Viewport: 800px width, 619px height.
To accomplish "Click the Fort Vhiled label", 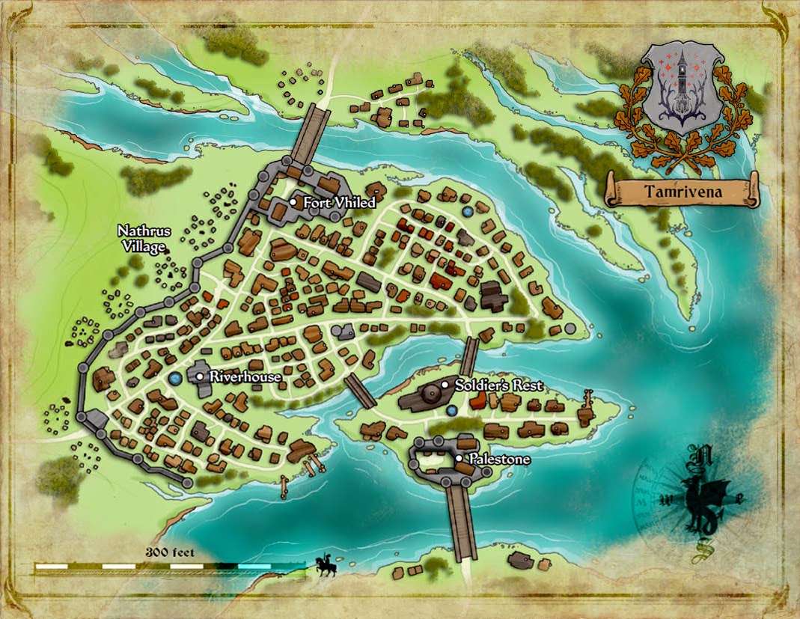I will [x=339, y=203].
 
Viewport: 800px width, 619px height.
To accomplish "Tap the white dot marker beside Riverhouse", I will [x=200, y=376].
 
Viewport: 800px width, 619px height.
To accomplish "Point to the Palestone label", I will [x=498, y=458].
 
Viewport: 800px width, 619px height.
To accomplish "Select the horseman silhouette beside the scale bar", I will [x=325, y=566].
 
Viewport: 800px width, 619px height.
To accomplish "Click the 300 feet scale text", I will [x=170, y=553].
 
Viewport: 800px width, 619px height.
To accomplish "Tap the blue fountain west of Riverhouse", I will [x=174, y=379].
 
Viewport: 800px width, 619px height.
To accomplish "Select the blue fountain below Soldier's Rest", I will [x=451, y=410].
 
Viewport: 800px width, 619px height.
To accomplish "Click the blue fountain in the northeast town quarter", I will [x=468, y=213].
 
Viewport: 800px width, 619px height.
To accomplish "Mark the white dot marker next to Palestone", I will [x=458, y=458].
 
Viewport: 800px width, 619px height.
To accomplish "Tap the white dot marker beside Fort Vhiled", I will [x=293, y=202].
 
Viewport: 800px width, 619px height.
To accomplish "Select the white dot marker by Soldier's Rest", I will [x=445, y=385].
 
